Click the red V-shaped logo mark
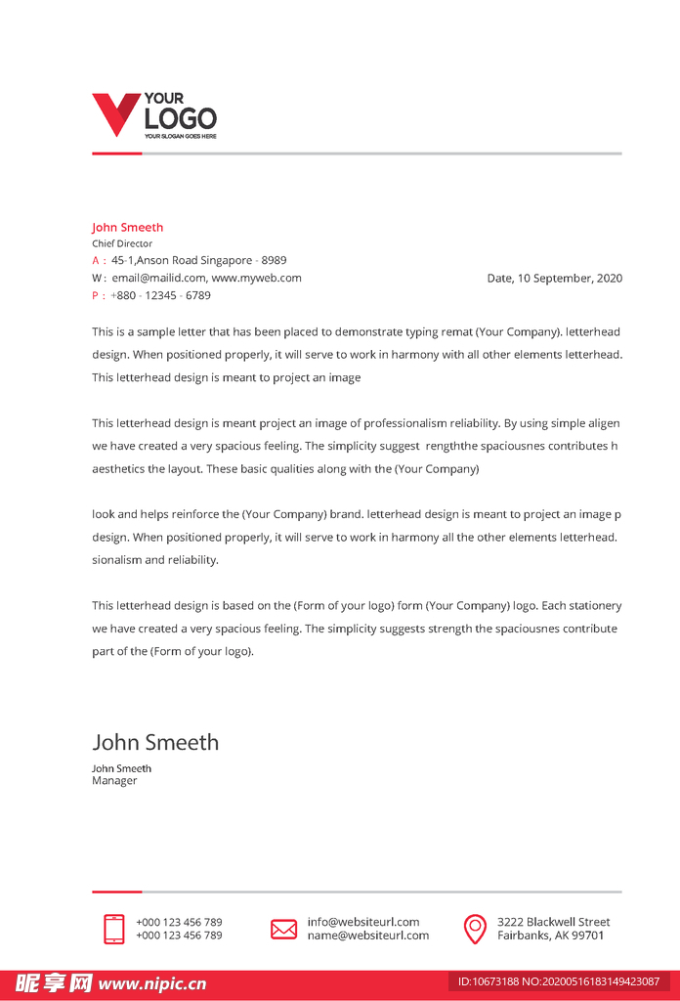(x=115, y=113)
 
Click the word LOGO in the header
(x=181, y=119)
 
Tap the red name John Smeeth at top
(x=128, y=228)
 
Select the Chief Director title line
(x=122, y=243)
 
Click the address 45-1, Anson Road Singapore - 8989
(x=199, y=261)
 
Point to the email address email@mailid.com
(x=159, y=278)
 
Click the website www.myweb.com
(x=257, y=278)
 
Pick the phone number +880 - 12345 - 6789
(x=160, y=295)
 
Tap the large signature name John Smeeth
(x=155, y=742)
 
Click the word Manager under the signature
(x=114, y=781)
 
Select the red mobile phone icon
(x=114, y=929)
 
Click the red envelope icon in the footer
(x=283, y=929)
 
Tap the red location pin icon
(x=475, y=929)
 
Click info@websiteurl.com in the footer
(x=363, y=922)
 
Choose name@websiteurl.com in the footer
(x=368, y=936)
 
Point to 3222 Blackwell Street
(x=554, y=922)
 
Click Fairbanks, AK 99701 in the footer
(x=551, y=936)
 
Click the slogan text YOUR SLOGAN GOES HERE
(x=181, y=136)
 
